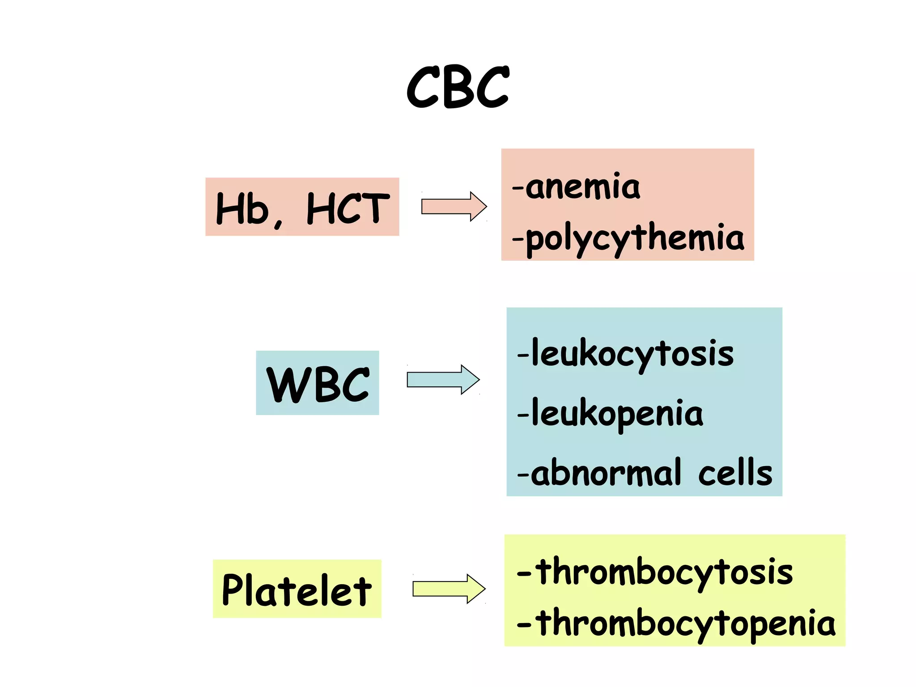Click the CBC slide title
pos(458,87)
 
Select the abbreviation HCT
pos(348,208)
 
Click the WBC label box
pos(318,383)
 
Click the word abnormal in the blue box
pos(606,473)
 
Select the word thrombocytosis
pos(664,572)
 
